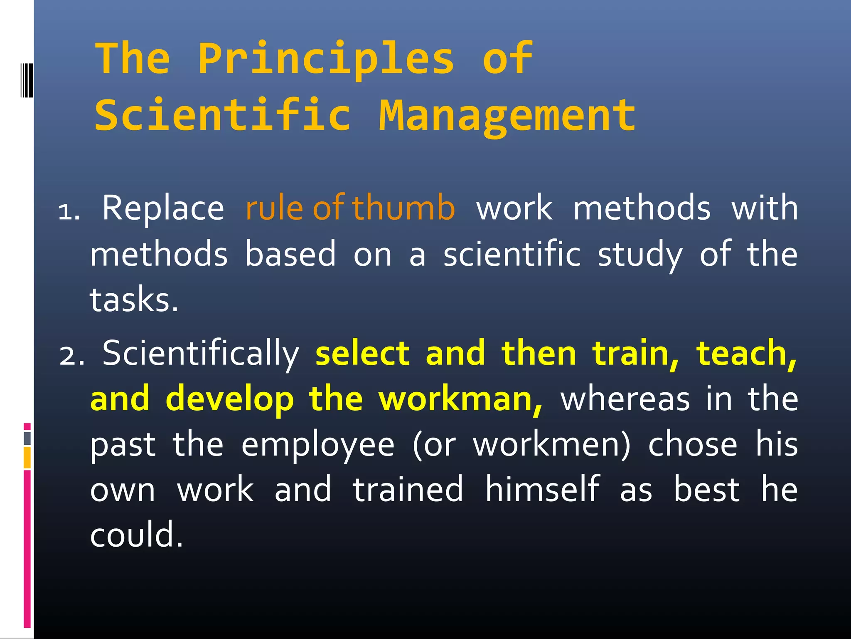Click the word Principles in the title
coord(326,59)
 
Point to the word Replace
coord(163,208)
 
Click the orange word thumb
coord(403,208)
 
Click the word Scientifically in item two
coord(201,354)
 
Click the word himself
coord(542,490)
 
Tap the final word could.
coord(136,535)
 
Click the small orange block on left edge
coord(27,457)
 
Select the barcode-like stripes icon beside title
coord(27,80)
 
